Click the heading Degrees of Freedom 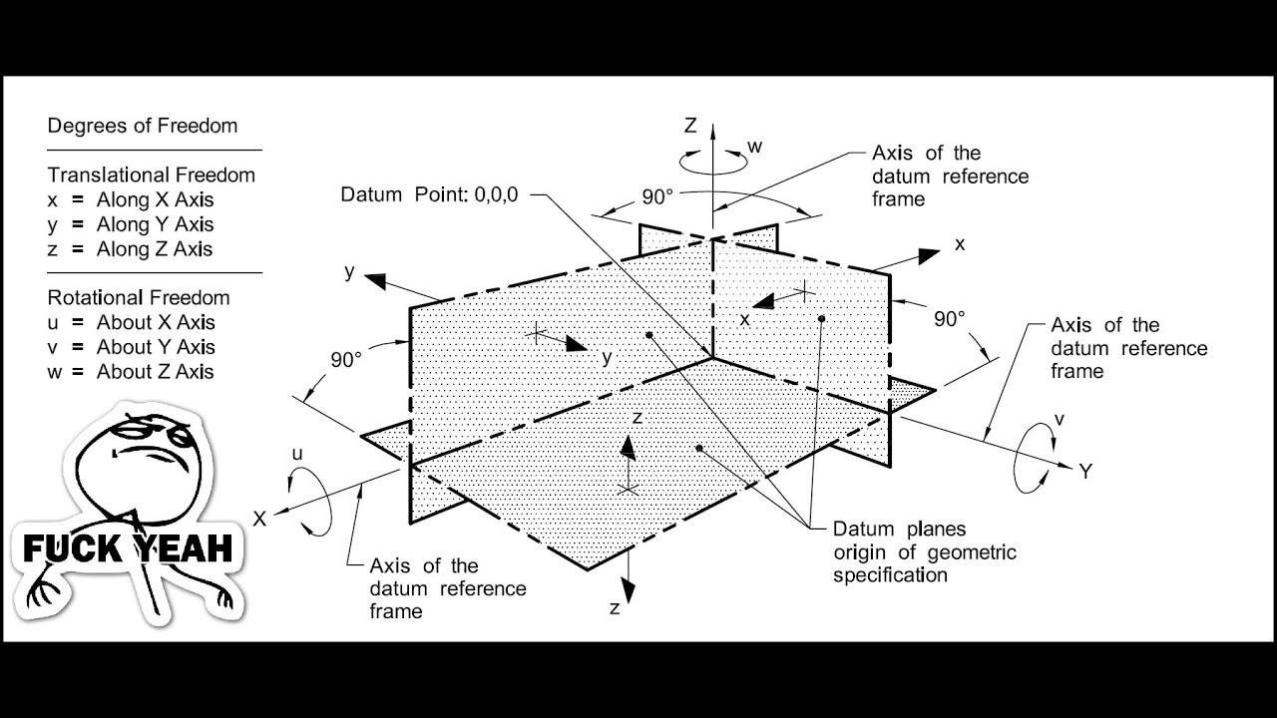tap(143, 127)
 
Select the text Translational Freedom tap(152, 176)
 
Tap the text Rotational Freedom tap(139, 298)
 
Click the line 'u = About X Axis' tap(131, 323)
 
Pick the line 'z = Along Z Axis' tap(130, 249)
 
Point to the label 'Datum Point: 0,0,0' tap(430, 194)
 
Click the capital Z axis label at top tap(689, 126)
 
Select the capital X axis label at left tap(259, 520)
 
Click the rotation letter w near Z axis tap(755, 148)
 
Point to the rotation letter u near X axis tap(296, 455)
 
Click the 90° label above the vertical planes tap(657, 197)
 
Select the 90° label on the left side tap(346, 361)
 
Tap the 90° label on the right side tap(949, 319)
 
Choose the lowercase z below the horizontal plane tap(615, 608)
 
